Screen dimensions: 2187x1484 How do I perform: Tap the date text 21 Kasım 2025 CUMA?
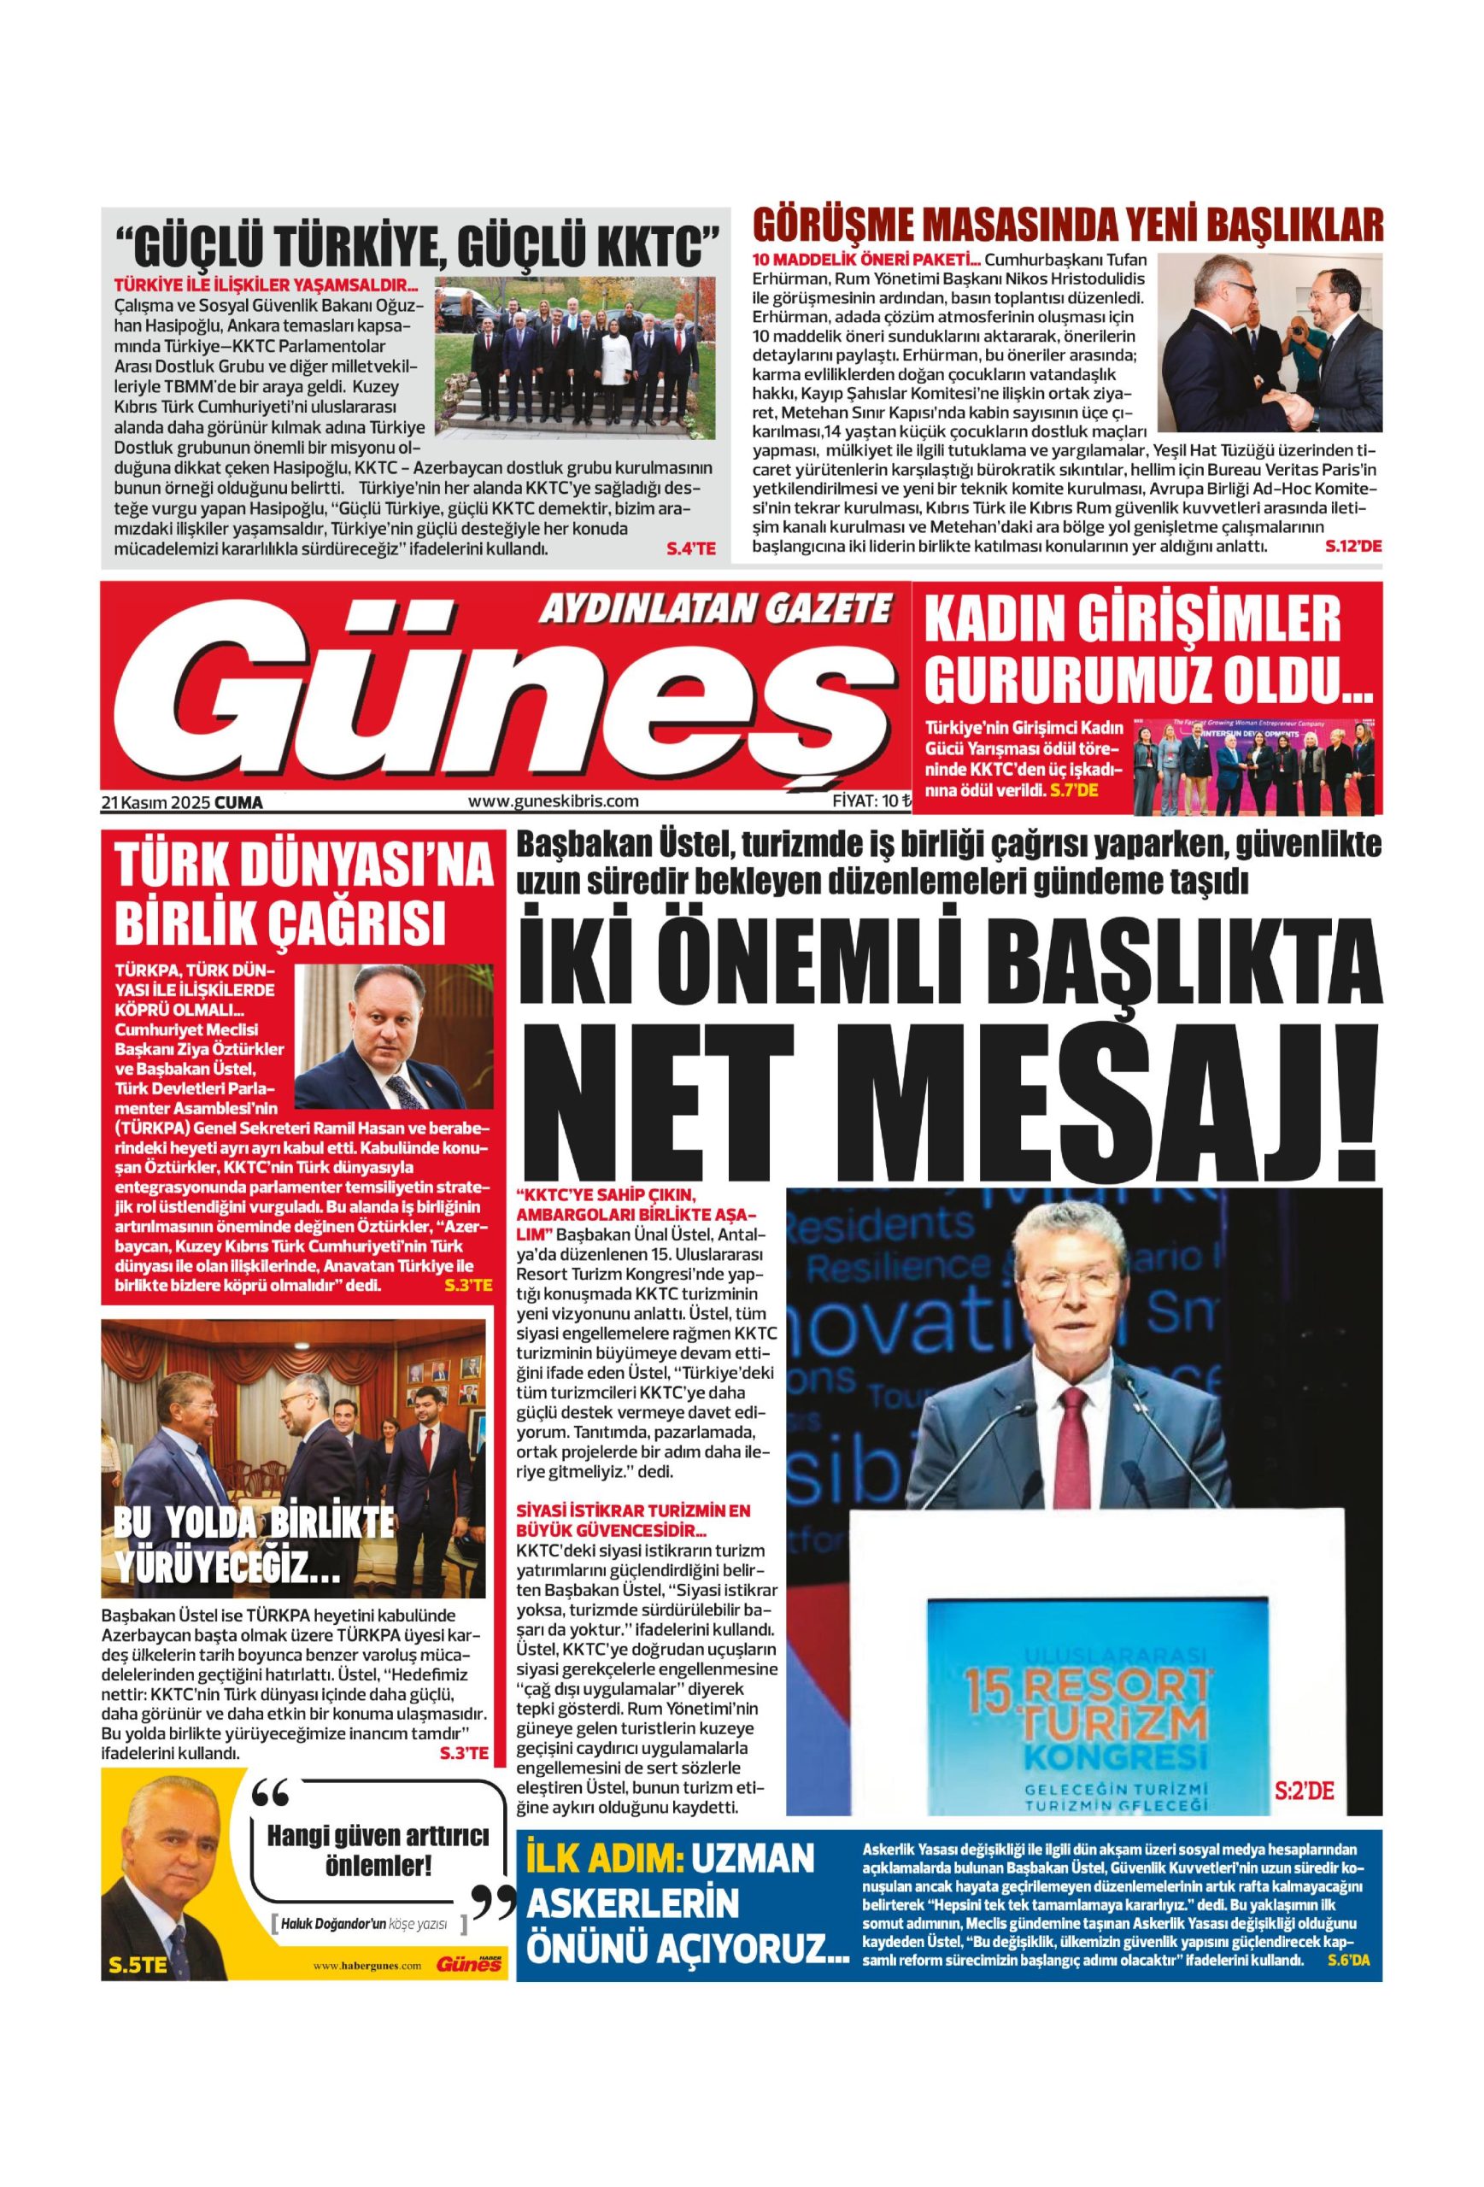(182, 803)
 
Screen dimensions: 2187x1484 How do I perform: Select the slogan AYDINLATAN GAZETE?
(714, 611)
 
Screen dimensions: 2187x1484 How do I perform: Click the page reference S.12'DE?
(1352, 546)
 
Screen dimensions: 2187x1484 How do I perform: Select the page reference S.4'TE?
(690, 548)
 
